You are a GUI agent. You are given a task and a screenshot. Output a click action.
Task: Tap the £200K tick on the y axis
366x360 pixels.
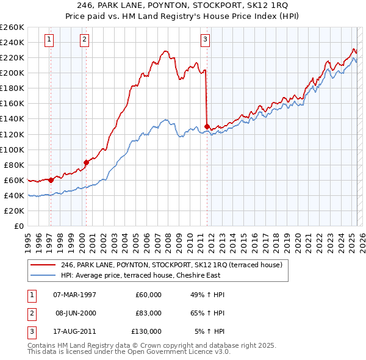click(12, 73)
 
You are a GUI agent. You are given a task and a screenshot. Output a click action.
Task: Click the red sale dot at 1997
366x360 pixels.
click(51, 180)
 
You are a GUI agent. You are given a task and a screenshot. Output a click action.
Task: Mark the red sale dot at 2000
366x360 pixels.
click(86, 162)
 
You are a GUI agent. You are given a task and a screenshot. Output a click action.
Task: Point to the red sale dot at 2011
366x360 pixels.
click(207, 126)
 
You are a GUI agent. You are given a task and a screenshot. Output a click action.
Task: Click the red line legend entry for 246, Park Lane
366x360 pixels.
click(171, 265)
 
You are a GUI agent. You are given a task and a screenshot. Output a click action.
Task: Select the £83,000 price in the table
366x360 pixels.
click(148, 313)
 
